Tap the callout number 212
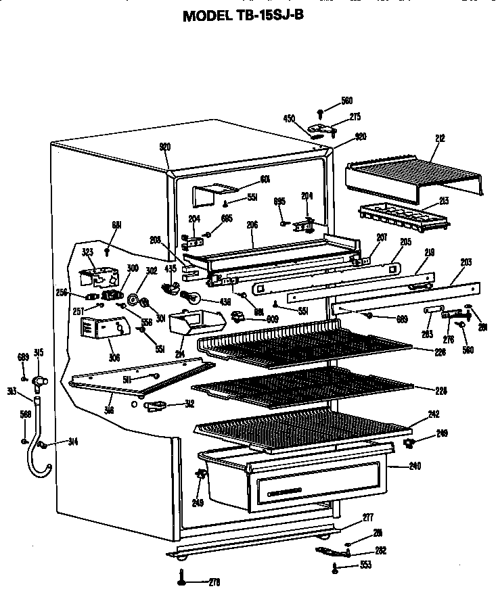(x=440, y=139)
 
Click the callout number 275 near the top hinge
(x=355, y=117)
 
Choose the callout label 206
(x=252, y=226)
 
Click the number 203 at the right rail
(x=466, y=262)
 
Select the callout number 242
(x=434, y=414)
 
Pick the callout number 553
(x=365, y=565)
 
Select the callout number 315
(x=39, y=352)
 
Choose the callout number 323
(x=87, y=252)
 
